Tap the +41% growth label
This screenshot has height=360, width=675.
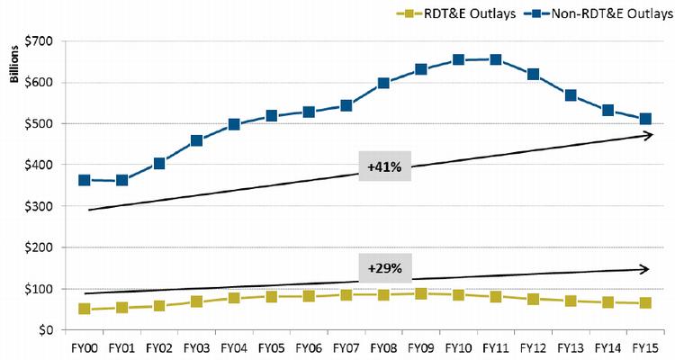click(x=384, y=167)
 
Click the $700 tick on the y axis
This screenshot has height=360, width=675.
click(x=40, y=41)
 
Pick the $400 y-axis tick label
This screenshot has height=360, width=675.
click(x=40, y=165)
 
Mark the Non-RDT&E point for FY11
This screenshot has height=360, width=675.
click(x=496, y=59)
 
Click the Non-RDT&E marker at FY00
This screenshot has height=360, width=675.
click(x=84, y=180)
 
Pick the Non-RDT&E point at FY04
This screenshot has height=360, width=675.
click(x=234, y=124)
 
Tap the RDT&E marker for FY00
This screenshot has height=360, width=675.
click(x=84, y=309)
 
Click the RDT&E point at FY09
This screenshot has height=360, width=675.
click(x=421, y=293)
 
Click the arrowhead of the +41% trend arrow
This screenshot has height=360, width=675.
click(x=649, y=135)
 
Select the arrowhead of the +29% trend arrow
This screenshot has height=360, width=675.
click(x=645, y=269)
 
